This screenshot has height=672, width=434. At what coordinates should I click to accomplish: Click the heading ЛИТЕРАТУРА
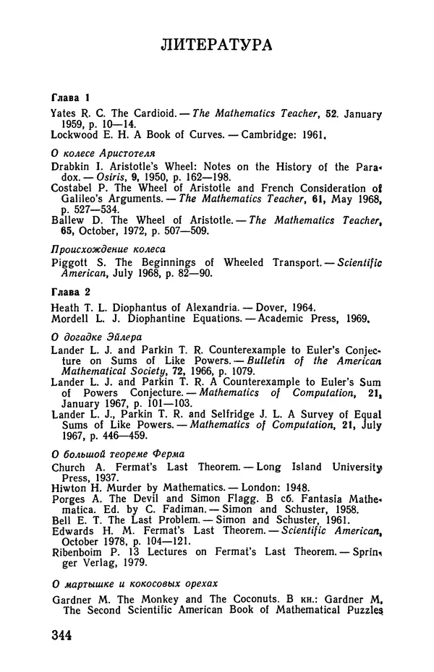click(216, 46)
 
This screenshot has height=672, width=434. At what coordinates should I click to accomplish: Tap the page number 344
click(64, 637)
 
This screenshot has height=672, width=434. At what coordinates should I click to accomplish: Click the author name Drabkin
click(71, 168)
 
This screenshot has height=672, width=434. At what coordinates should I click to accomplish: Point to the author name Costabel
click(74, 189)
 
